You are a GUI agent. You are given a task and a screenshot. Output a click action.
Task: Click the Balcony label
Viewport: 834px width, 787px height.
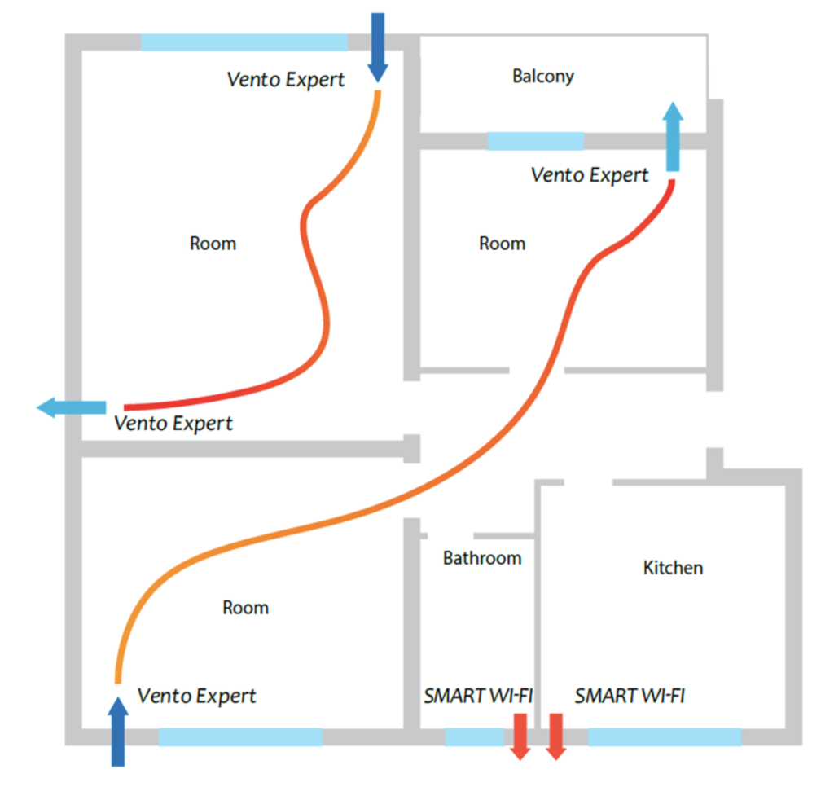coord(543,77)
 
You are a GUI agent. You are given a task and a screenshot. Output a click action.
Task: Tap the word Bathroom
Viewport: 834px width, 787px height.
coord(482,558)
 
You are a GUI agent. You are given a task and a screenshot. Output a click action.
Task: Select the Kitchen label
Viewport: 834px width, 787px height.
coord(673,568)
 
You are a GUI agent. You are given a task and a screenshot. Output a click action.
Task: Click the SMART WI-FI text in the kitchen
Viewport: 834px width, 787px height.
coord(630,697)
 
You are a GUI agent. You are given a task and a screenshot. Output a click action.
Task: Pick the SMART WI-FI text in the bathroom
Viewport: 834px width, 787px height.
coord(478,697)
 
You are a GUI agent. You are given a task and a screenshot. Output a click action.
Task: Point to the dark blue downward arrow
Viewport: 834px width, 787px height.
coord(377,47)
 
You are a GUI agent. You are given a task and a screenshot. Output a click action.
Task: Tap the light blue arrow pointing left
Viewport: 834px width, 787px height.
coord(72,407)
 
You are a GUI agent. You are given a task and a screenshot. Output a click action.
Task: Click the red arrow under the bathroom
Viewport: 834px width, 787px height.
coord(520,736)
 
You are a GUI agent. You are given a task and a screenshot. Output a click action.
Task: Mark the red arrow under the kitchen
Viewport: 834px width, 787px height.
coord(555,736)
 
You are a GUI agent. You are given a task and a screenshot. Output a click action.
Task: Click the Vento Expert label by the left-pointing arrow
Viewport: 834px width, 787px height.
coord(173,424)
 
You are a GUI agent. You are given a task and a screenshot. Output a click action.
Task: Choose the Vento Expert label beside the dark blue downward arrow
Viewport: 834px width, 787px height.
coord(286,80)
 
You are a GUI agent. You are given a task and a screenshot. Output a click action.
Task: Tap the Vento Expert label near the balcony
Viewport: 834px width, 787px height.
coord(590,175)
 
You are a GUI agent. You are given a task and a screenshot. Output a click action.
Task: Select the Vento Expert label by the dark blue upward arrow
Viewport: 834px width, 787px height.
coord(196,697)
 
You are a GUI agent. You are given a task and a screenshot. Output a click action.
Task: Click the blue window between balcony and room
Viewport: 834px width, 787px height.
coord(535,141)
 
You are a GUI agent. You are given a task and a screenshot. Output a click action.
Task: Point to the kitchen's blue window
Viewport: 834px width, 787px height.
coord(665,737)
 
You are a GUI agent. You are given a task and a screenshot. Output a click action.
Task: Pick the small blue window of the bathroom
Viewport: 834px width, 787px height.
coord(474,737)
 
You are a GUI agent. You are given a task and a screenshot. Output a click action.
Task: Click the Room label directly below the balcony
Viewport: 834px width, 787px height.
coord(503,244)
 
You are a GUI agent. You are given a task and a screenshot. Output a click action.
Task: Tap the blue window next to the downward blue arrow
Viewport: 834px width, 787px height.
coord(244,42)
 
